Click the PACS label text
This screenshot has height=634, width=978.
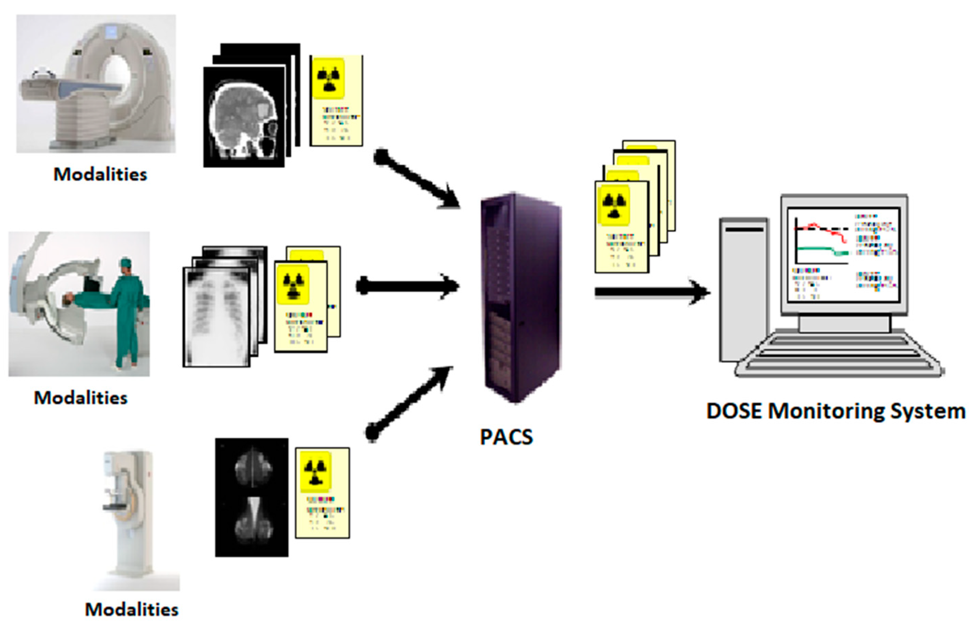(506, 437)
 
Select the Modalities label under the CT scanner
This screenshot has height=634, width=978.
(100, 174)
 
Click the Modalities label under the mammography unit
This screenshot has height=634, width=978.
(132, 609)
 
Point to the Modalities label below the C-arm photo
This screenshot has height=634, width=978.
(80, 398)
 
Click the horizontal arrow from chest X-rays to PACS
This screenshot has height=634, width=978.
(407, 286)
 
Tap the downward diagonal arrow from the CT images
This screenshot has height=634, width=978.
(415, 179)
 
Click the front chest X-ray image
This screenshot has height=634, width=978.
(217, 317)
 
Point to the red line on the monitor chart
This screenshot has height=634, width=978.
(826, 230)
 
